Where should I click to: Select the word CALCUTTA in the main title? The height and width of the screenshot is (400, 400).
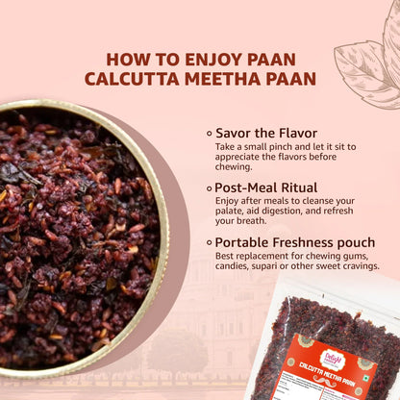point(134,78)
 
